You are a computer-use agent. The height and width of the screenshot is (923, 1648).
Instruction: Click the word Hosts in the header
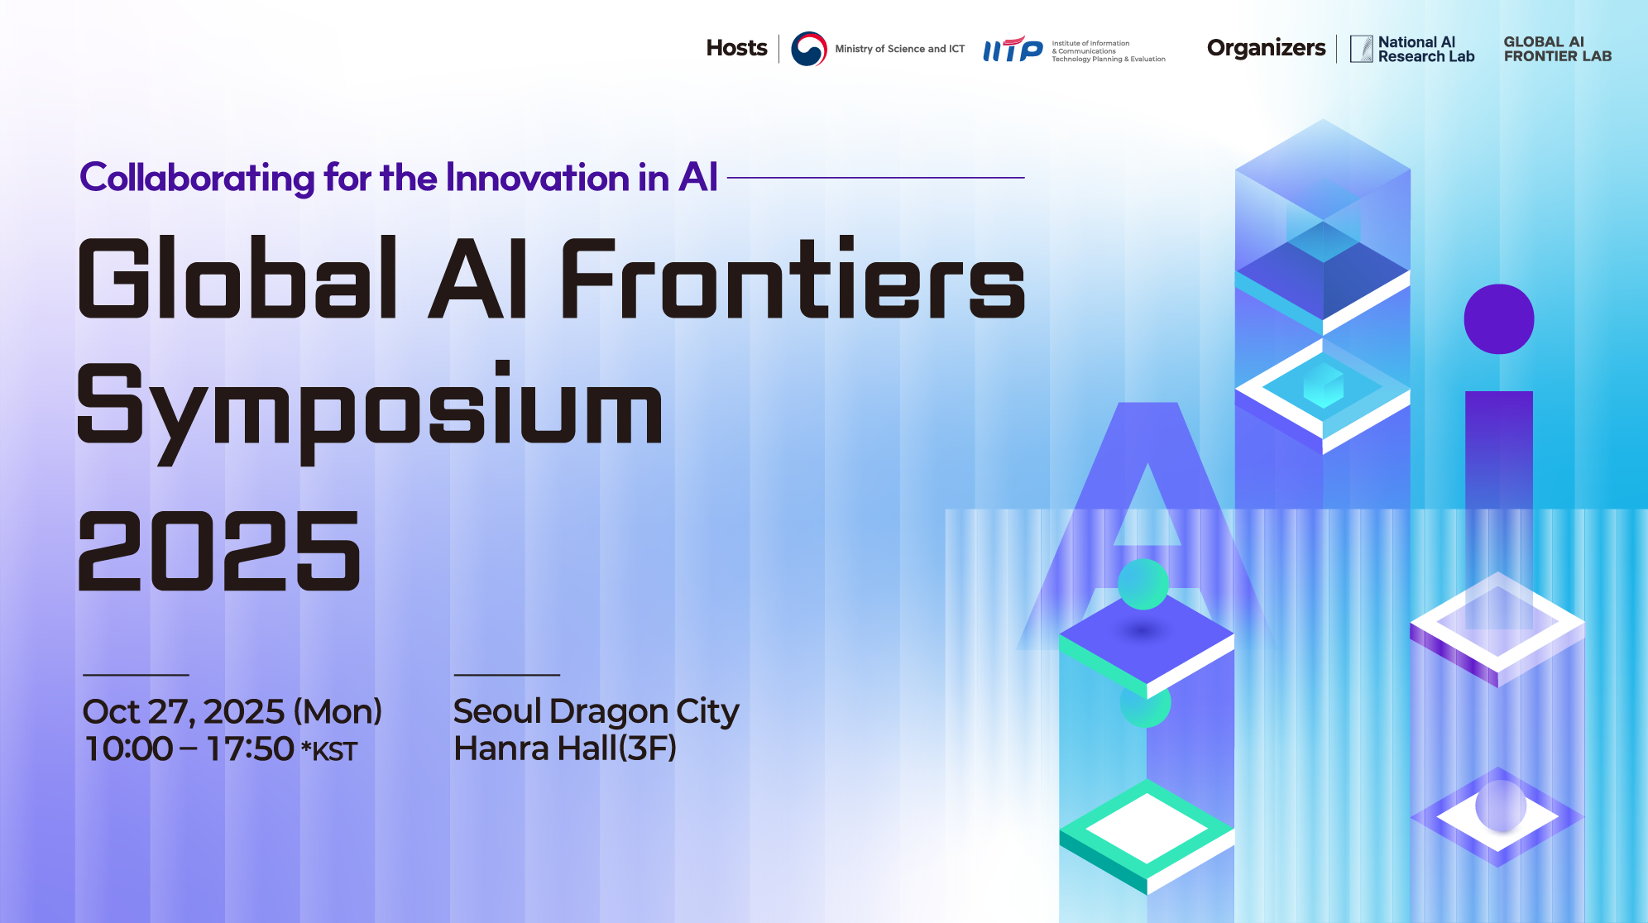(736, 48)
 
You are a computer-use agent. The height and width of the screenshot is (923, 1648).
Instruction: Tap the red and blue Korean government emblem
(808, 49)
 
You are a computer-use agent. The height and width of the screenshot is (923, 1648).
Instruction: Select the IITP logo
(1013, 50)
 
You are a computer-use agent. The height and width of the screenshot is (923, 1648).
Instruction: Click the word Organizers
(1266, 48)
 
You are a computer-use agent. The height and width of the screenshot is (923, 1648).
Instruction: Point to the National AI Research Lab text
(1425, 50)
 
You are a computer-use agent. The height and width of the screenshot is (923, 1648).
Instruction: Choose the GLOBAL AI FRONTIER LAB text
(1557, 49)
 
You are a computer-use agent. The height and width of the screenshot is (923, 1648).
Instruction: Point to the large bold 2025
(219, 550)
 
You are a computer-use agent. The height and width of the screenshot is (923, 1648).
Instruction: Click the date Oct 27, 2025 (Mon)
(232, 712)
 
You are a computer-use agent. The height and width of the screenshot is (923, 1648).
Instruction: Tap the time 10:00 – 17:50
(189, 749)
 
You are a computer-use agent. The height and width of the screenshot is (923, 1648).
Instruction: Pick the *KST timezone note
(329, 751)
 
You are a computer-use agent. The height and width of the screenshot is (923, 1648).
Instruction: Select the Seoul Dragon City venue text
(596, 712)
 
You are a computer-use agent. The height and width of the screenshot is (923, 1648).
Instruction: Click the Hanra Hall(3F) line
(565, 748)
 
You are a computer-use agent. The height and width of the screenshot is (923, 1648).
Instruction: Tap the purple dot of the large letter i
(1499, 319)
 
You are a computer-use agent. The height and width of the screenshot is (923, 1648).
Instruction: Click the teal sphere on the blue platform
(1143, 584)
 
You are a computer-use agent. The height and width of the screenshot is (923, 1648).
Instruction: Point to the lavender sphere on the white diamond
(1501, 806)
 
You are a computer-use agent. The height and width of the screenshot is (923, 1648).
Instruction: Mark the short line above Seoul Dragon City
(507, 675)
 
